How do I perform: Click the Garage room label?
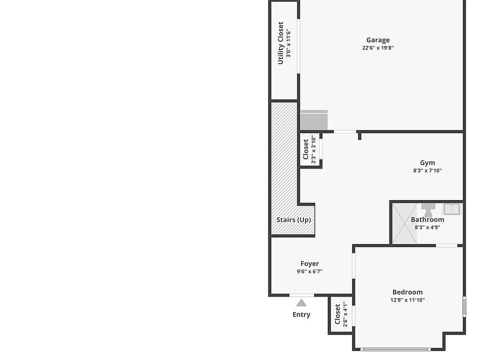[x=377, y=40]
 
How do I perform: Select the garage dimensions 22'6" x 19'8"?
[x=377, y=48]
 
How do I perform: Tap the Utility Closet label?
[x=281, y=43]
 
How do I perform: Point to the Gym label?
[x=427, y=162]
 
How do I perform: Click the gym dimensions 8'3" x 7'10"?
[x=427, y=170]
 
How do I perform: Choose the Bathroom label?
[x=427, y=219]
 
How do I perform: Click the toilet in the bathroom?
[x=427, y=209]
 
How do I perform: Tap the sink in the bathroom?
[x=451, y=208]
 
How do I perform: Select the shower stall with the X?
[x=404, y=223]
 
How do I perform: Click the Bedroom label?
[x=407, y=292]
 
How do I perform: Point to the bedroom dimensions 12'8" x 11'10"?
[x=407, y=300]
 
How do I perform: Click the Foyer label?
[x=309, y=263]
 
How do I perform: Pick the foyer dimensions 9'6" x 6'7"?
[x=309, y=271]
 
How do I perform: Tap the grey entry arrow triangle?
[x=301, y=302]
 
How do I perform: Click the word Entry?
[x=301, y=314]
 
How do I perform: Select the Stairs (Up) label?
[x=293, y=220]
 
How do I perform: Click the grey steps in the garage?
[x=313, y=120]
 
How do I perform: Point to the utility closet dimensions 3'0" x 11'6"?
[x=288, y=43]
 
